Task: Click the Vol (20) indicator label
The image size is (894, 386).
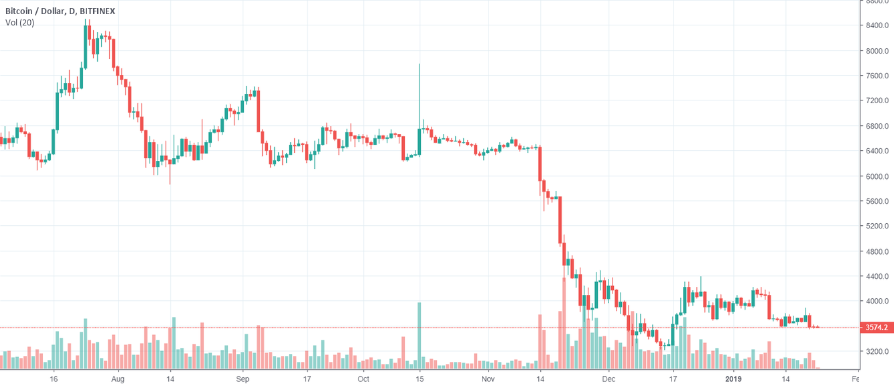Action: point(19,23)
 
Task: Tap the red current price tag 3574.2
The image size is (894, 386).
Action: point(877,328)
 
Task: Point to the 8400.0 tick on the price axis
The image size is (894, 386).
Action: point(877,25)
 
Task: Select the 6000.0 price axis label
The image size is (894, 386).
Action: point(877,176)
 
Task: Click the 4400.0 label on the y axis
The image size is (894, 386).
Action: point(877,277)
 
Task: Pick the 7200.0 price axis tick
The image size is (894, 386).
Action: point(877,101)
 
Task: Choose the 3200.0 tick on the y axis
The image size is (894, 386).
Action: point(877,352)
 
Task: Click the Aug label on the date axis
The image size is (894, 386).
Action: point(117,379)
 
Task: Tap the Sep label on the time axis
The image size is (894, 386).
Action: point(243,379)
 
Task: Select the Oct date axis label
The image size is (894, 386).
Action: point(363,379)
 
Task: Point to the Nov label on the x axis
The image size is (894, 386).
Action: point(488,379)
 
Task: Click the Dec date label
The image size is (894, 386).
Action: point(609,379)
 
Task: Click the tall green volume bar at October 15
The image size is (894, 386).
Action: point(420,335)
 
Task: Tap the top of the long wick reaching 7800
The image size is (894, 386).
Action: point(420,65)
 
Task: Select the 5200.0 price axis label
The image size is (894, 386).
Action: point(877,227)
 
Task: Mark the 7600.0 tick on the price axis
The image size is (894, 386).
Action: point(877,76)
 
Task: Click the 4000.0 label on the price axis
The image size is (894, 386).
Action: point(877,302)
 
